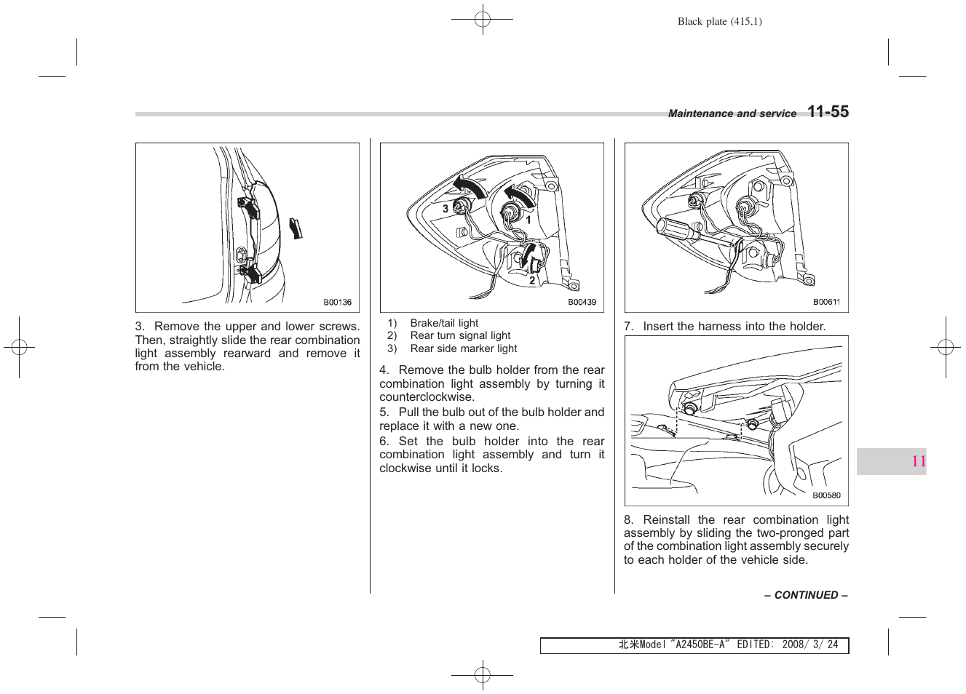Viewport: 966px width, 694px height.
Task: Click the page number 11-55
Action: [828, 112]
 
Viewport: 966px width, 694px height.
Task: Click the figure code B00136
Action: [337, 303]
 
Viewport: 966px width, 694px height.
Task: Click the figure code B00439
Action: [582, 303]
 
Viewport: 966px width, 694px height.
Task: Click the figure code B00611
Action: [826, 303]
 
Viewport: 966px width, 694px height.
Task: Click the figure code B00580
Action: [826, 496]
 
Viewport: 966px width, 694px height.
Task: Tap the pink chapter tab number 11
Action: [918, 461]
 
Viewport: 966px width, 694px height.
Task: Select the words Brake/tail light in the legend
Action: [444, 323]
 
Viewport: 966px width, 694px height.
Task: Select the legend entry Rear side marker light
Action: [463, 348]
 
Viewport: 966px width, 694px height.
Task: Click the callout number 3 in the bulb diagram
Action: [446, 209]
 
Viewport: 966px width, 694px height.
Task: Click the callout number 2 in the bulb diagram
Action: [532, 280]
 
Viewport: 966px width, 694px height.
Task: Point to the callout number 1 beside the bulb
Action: [528, 219]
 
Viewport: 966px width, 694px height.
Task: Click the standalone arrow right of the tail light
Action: [296, 228]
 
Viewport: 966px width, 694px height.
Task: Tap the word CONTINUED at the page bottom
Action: [806, 595]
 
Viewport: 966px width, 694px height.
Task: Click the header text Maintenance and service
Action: [732, 113]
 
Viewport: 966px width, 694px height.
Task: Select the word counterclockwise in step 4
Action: [427, 397]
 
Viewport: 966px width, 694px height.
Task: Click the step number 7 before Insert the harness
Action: [627, 327]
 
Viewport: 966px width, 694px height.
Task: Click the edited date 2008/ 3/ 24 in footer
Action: [809, 645]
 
